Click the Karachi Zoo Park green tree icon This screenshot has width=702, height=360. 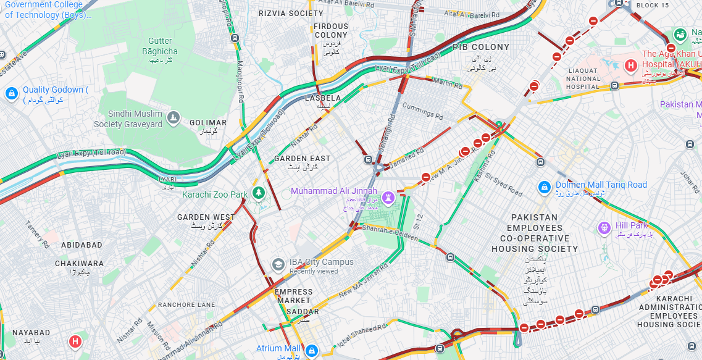pyautogui.click(x=259, y=193)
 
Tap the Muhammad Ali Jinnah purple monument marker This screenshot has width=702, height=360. pyautogui.click(x=388, y=198)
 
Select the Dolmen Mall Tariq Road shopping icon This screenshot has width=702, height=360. pyautogui.click(x=544, y=186)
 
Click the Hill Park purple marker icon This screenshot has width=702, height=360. pyautogui.click(x=604, y=228)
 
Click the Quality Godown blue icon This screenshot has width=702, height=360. pyautogui.click(x=11, y=94)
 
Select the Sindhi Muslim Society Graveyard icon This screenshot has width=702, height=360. pyautogui.click(x=174, y=118)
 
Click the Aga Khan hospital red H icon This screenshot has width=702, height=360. pyautogui.click(x=631, y=65)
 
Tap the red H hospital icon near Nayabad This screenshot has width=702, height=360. pyautogui.click(x=75, y=341)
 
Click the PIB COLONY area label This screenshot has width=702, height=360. pyautogui.click(x=481, y=47)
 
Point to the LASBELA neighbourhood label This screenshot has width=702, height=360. pyautogui.click(x=323, y=98)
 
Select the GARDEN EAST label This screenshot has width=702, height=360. pyautogui.click(x=303, y=159)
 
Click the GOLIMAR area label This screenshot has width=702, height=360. pyautogui.click(x=208, y=123)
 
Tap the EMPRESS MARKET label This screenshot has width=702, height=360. pyautogui.click(x=294, y=296)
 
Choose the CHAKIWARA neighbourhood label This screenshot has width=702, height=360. pyautogui.click(x=80, y=263)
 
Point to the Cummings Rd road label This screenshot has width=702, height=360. pyautogui.click(x=423, y=111)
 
